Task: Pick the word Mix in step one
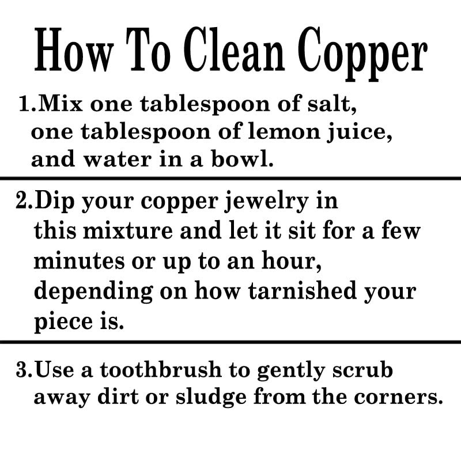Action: (61, 104)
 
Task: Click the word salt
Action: (332, 104)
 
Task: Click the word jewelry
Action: (266, 202)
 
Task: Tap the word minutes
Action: (79, 261)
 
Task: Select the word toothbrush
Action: (161, 369)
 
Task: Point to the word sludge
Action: (211, 398)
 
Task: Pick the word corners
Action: (398, 398)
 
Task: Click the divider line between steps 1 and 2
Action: (231, 178)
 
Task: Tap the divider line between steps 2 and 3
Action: (231, 342)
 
